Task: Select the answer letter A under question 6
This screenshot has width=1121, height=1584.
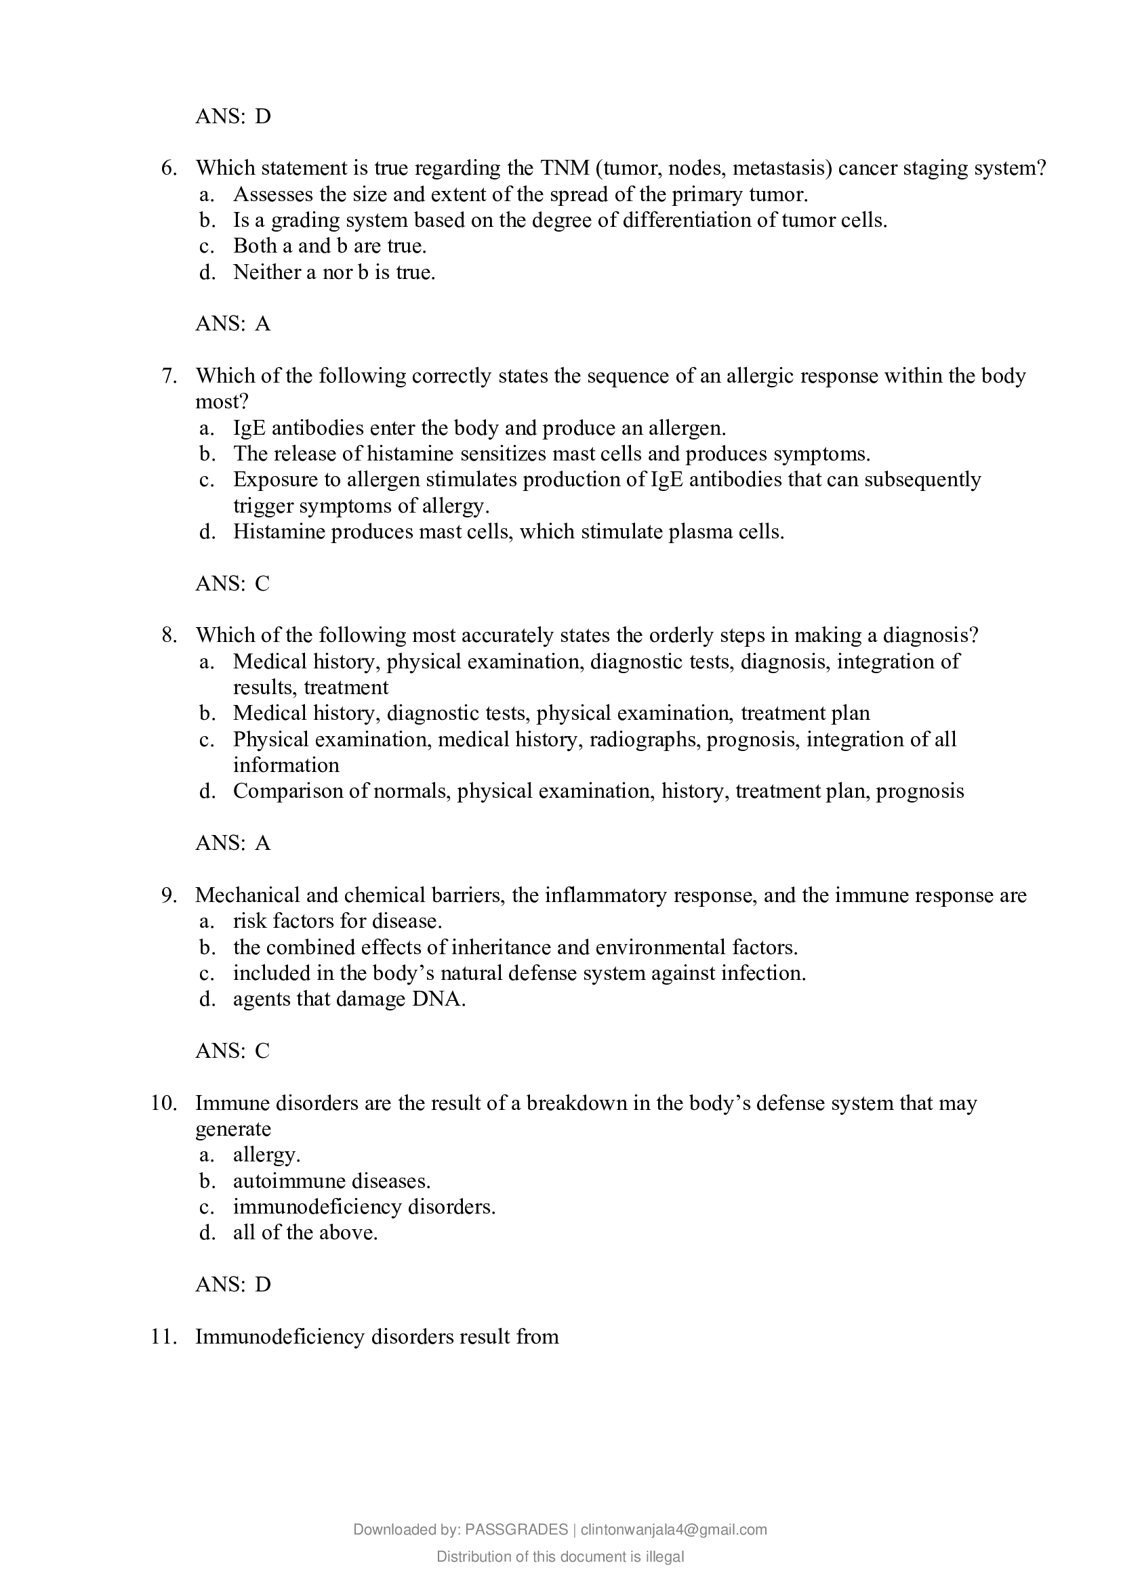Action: tap(263, 324)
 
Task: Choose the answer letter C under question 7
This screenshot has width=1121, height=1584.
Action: tap(262, 584)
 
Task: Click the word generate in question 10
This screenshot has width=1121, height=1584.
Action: tap(233, 1130)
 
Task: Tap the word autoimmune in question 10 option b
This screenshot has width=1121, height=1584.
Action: tap(289, 1181)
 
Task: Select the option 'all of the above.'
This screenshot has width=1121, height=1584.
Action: tap(305, 1233)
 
